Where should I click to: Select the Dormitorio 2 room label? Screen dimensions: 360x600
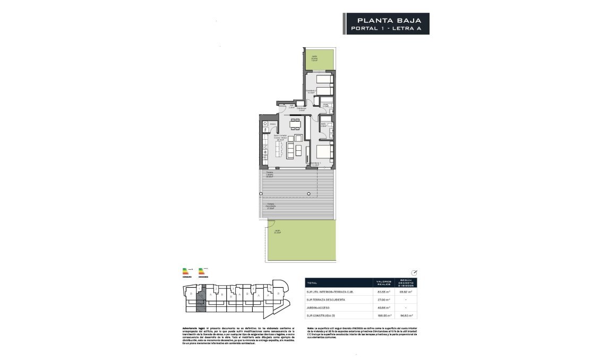click(311, 91)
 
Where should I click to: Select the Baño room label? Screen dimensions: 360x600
click(323, 125)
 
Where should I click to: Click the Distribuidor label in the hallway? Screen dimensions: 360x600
click(301, 109)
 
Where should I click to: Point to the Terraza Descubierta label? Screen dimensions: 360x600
click(271, 206)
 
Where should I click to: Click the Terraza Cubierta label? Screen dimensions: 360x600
click(270, 176)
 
